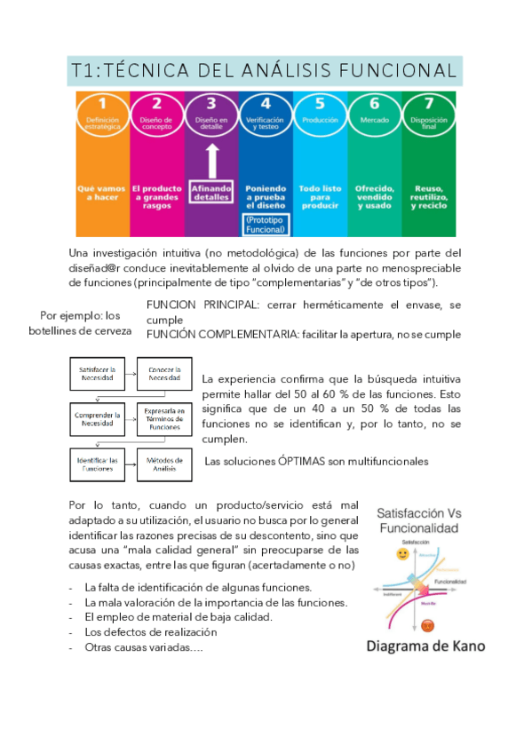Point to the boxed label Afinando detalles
click(x=210, y=194)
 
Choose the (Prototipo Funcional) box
click(x=265, y=225)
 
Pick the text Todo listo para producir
click(x=320, y=196)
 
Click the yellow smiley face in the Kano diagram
click(x=402, y=554)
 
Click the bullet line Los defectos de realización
click(x=151, y=631)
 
